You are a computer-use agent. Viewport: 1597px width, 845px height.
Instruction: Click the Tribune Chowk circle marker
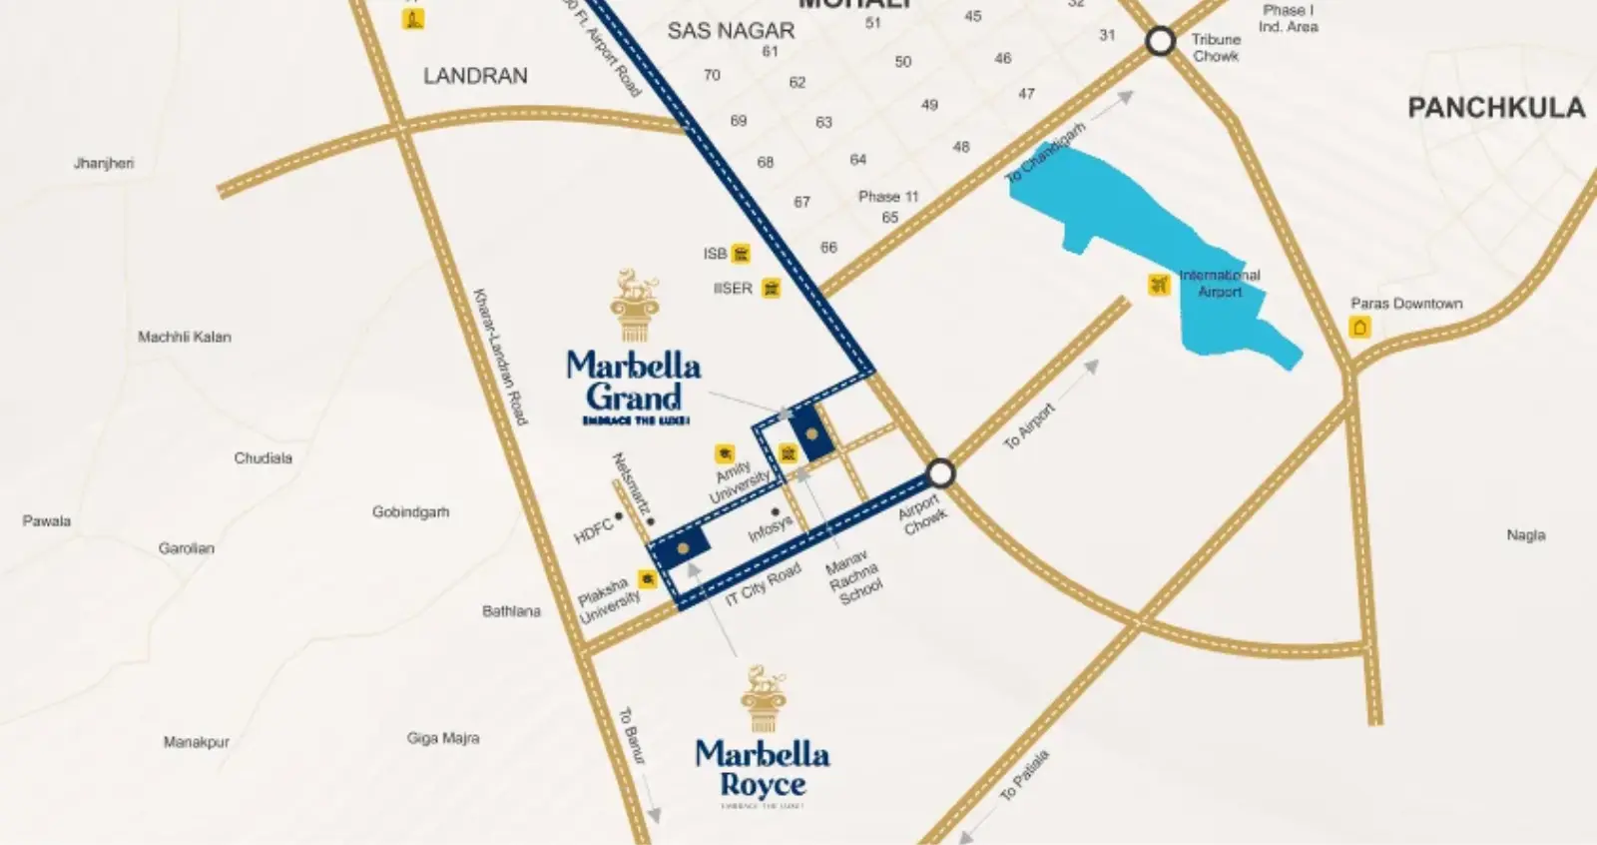pos(1160,41)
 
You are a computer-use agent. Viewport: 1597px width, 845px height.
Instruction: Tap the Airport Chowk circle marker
pos(940,472)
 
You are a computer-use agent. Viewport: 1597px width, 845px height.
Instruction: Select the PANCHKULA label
pos(1495,108)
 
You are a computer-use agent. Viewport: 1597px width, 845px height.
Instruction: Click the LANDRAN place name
pos(475,76)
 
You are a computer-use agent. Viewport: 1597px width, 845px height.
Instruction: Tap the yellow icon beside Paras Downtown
pos(1359,327)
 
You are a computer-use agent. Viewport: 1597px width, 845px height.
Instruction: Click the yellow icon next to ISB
pos(741,254)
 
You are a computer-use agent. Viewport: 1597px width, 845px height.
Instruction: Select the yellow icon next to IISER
pos(771,289)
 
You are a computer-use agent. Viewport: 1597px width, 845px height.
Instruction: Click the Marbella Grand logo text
pos(633,381)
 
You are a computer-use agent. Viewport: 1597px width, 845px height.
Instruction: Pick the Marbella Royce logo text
pos(762,768)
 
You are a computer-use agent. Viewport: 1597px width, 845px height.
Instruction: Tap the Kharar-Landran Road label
pos(499,357)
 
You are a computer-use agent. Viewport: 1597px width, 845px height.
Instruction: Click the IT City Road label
pos(763,584)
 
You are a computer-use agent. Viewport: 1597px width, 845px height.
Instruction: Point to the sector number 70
pos(712,75)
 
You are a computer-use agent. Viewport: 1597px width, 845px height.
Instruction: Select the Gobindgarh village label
pos(410,512)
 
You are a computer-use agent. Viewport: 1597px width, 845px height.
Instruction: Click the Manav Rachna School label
pos(853,577)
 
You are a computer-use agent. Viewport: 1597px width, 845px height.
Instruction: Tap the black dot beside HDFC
pos(619,516)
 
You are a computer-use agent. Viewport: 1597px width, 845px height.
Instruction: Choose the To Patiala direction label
pos(1025,776)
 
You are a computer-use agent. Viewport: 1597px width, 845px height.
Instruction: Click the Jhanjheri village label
pos(104,163)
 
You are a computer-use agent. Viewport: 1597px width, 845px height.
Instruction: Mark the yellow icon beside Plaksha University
pos(648,579)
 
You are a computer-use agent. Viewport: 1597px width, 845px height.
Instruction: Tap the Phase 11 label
pos(887,197)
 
